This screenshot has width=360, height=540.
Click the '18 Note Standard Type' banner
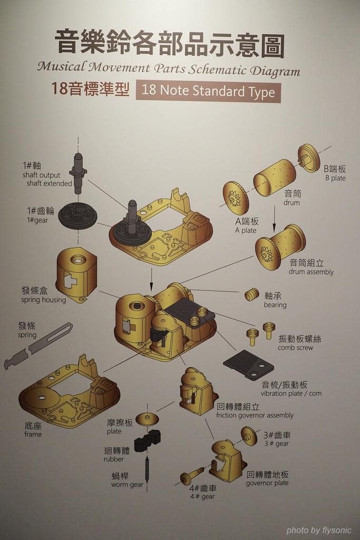coord(208,92)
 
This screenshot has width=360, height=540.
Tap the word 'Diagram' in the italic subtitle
coord(275,71)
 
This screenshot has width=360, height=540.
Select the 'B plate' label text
coord(335,178)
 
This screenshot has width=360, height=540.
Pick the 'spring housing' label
coord(43,300)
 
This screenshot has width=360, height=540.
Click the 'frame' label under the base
coord(33,435)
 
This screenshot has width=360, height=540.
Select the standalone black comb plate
coord(248,364)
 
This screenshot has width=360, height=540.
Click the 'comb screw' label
coord(295,348)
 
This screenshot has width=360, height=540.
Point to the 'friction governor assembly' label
coord(255,416)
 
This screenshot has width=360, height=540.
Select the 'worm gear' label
coord(127,485)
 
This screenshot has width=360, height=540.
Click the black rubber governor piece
coord(148,441)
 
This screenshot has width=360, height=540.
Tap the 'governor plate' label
coord(267,483)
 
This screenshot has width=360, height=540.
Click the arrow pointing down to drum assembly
coord(274,218)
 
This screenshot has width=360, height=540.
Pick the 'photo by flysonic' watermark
coord(319,530)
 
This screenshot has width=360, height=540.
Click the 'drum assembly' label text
coord(311,272)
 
